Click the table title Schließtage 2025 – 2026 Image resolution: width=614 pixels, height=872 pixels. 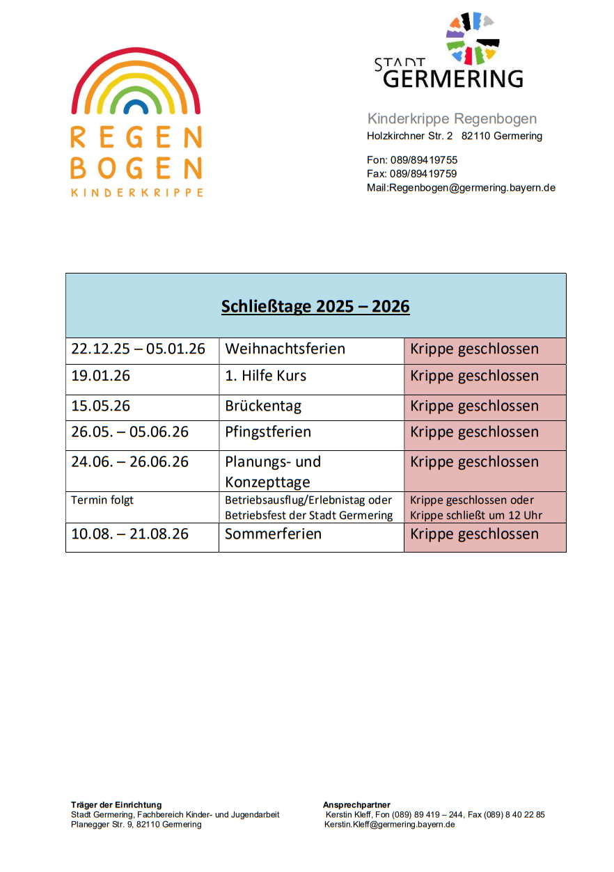point(315,306)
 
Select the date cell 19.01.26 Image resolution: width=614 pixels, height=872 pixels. point(100,376)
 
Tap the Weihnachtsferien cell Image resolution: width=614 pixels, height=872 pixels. point(285,349)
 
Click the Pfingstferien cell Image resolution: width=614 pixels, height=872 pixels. point(268,432)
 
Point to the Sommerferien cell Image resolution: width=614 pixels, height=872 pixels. point(273,534)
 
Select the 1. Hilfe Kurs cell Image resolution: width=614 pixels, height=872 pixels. point(265,376)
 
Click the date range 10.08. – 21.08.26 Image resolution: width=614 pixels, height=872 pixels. point(129,534)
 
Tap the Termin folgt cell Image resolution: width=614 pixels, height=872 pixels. point(102,500)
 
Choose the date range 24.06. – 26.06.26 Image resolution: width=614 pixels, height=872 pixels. point(129,462)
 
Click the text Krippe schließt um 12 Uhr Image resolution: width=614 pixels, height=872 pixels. point(476,516)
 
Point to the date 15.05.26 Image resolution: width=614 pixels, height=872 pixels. point(100,406)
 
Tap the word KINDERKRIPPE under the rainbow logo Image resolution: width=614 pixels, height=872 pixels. point(136,193)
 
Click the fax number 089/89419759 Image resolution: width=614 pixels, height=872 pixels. point(423,174)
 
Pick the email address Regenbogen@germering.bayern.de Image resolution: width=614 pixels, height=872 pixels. point(472,188)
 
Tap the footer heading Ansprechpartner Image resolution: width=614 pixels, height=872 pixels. point(356,805)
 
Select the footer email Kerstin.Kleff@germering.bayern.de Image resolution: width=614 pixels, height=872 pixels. point(389,825)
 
